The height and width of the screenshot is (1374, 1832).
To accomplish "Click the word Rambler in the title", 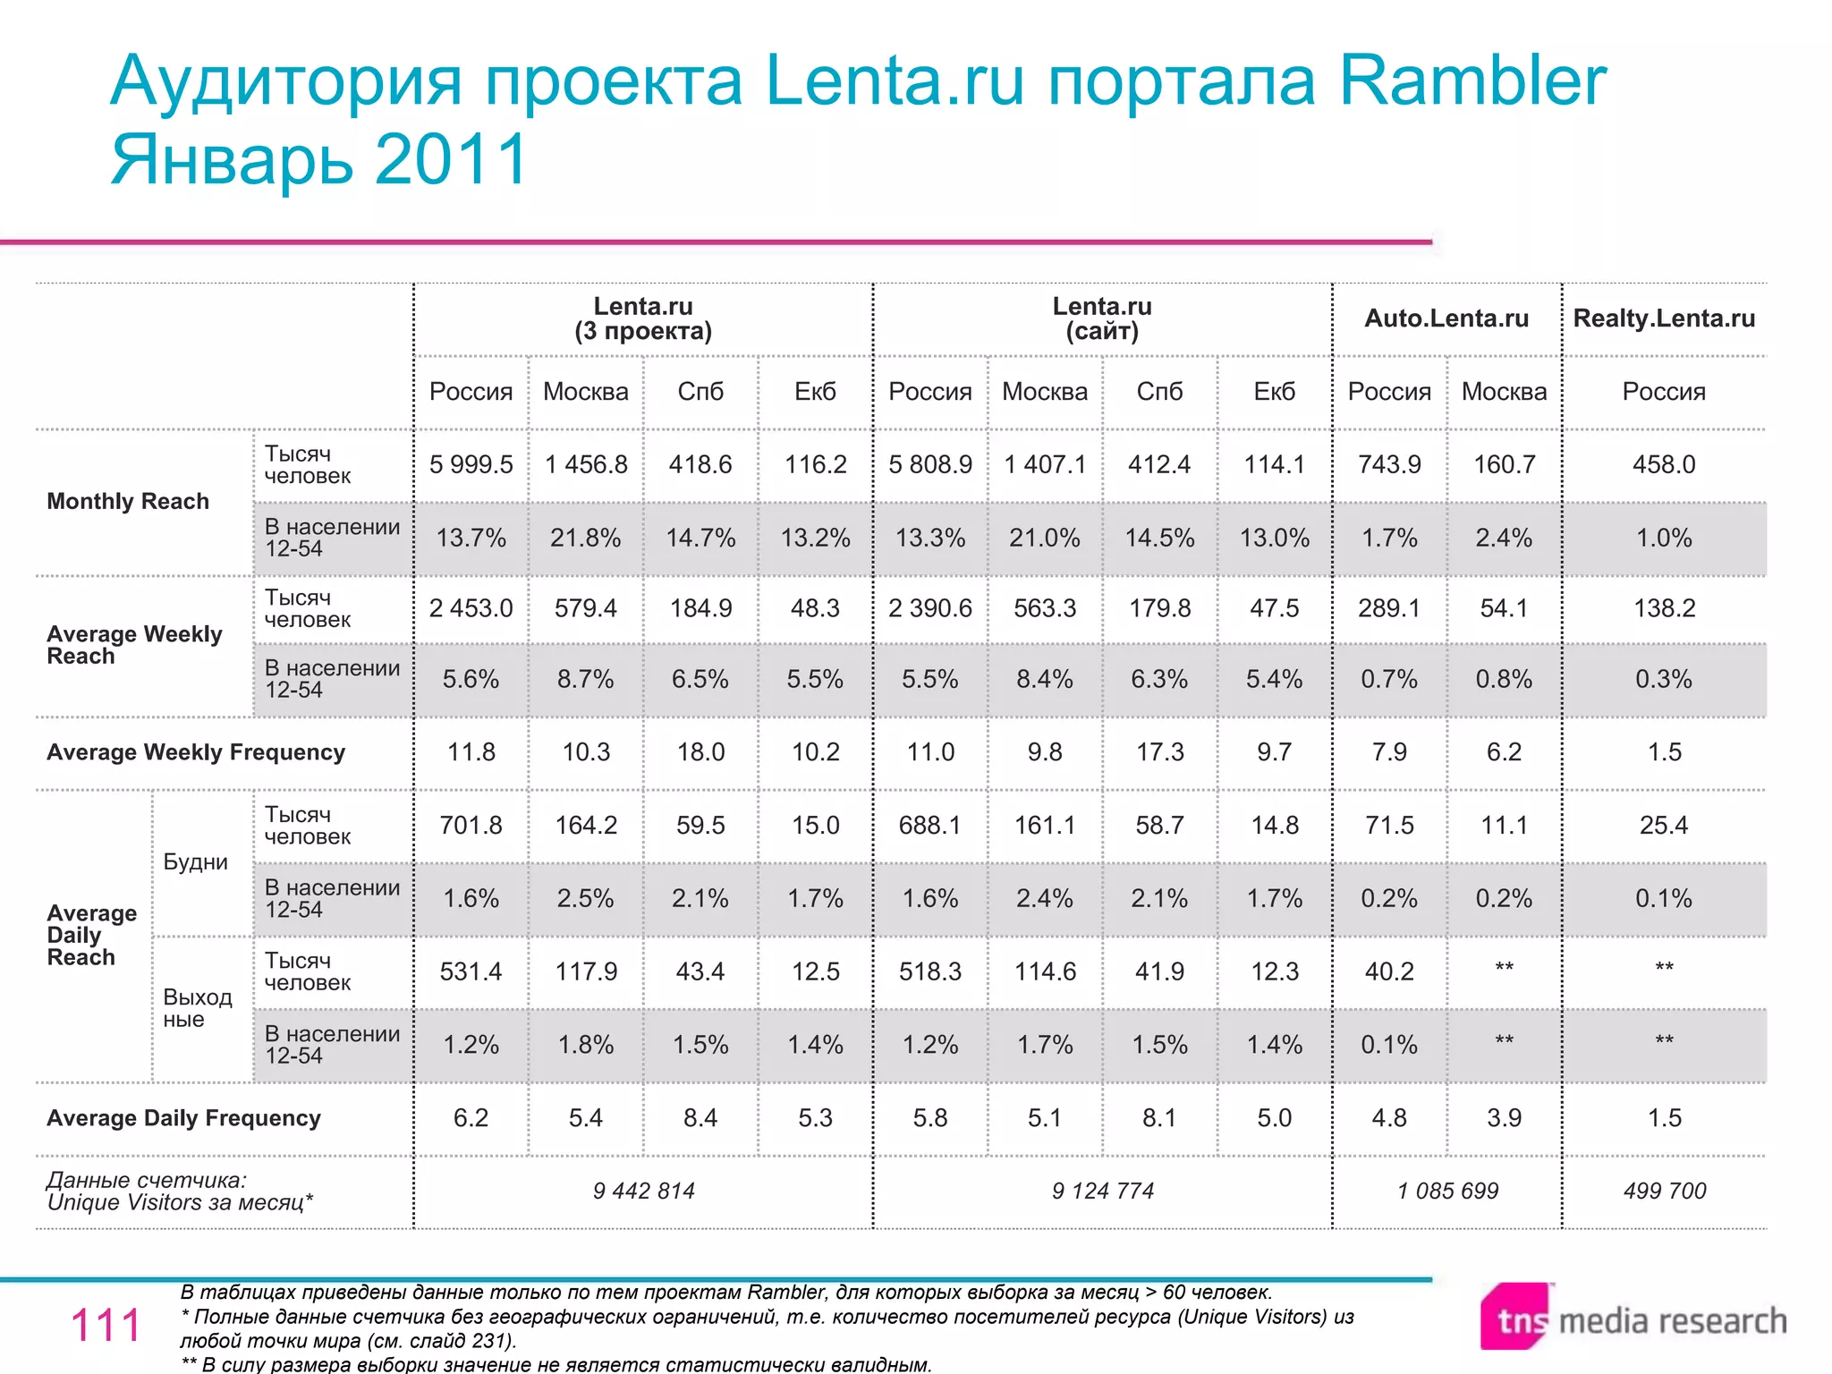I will (1472, 81).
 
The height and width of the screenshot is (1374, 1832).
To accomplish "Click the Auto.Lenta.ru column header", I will (1446, 318).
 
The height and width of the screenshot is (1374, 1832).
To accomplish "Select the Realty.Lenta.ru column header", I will (1664, 318).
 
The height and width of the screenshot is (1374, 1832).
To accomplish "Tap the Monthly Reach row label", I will (128, 501).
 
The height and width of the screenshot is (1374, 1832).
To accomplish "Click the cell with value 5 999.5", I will (471, 464).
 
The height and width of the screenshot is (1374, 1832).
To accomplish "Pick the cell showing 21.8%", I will (585, 538).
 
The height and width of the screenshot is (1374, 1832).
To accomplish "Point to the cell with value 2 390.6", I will (929, 608).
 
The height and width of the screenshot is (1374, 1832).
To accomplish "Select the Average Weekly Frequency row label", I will (196, 752).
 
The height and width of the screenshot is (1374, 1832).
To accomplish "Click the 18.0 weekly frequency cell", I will (700, 752).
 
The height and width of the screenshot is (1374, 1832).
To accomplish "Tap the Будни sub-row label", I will (195, 862).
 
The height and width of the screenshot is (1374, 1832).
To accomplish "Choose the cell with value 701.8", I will (471, 825).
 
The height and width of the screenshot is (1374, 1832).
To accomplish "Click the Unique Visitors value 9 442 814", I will (643, 1191).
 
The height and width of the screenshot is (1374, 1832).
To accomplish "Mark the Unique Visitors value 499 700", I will (1664, 1191).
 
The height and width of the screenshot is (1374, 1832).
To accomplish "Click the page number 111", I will (106, 1325).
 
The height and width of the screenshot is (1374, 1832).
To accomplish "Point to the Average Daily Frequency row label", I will (183, 1118).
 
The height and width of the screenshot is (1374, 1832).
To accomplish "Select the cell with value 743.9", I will (1388, 464).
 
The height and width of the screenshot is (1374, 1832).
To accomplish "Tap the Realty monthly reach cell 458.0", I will (1664, 464).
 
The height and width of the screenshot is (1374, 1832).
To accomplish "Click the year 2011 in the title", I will (452, 159).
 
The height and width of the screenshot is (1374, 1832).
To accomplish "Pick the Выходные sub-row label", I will (197, 1008).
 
